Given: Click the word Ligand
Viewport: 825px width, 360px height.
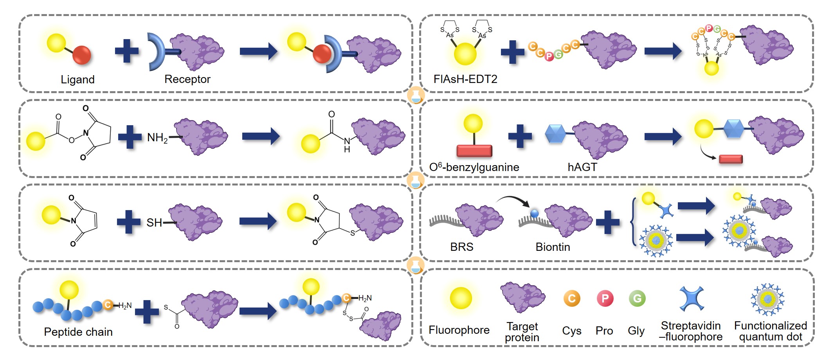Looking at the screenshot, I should click(x=77, y=79).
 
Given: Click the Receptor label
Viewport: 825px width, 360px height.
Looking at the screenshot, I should click(x=187, y=79).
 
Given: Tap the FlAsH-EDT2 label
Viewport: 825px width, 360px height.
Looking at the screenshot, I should click(x=465, y=79).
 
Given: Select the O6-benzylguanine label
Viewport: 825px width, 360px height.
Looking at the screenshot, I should click(x=474, y=167).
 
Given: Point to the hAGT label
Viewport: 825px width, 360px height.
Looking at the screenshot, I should click(x=582, y=167).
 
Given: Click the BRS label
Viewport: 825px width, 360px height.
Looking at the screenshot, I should click(x=461, y=247).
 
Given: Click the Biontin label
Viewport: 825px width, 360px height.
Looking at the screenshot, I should click(x=553, y=247).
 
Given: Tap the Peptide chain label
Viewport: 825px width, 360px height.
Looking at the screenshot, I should click(x=78, y=332).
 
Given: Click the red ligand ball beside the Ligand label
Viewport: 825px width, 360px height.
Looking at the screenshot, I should click(x=82, y=55).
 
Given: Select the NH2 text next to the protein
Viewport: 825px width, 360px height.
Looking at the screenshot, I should click(x=157, y=138).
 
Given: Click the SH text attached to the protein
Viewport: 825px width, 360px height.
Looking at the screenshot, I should click(x=154, y=223).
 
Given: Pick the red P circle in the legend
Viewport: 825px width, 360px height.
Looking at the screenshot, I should click(x=605, y=299).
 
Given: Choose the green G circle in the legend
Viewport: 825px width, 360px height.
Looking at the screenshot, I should click(x=637, y=299).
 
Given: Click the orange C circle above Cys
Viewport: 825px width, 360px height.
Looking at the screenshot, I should click(x=571, y=299).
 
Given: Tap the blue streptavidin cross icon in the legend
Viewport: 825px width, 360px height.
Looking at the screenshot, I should click(x=692, y=299).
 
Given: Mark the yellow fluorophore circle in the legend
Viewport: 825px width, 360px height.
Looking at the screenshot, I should click(x=461, y=298).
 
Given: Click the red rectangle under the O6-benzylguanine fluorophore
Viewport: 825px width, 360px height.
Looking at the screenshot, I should click(x=474, y=151).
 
